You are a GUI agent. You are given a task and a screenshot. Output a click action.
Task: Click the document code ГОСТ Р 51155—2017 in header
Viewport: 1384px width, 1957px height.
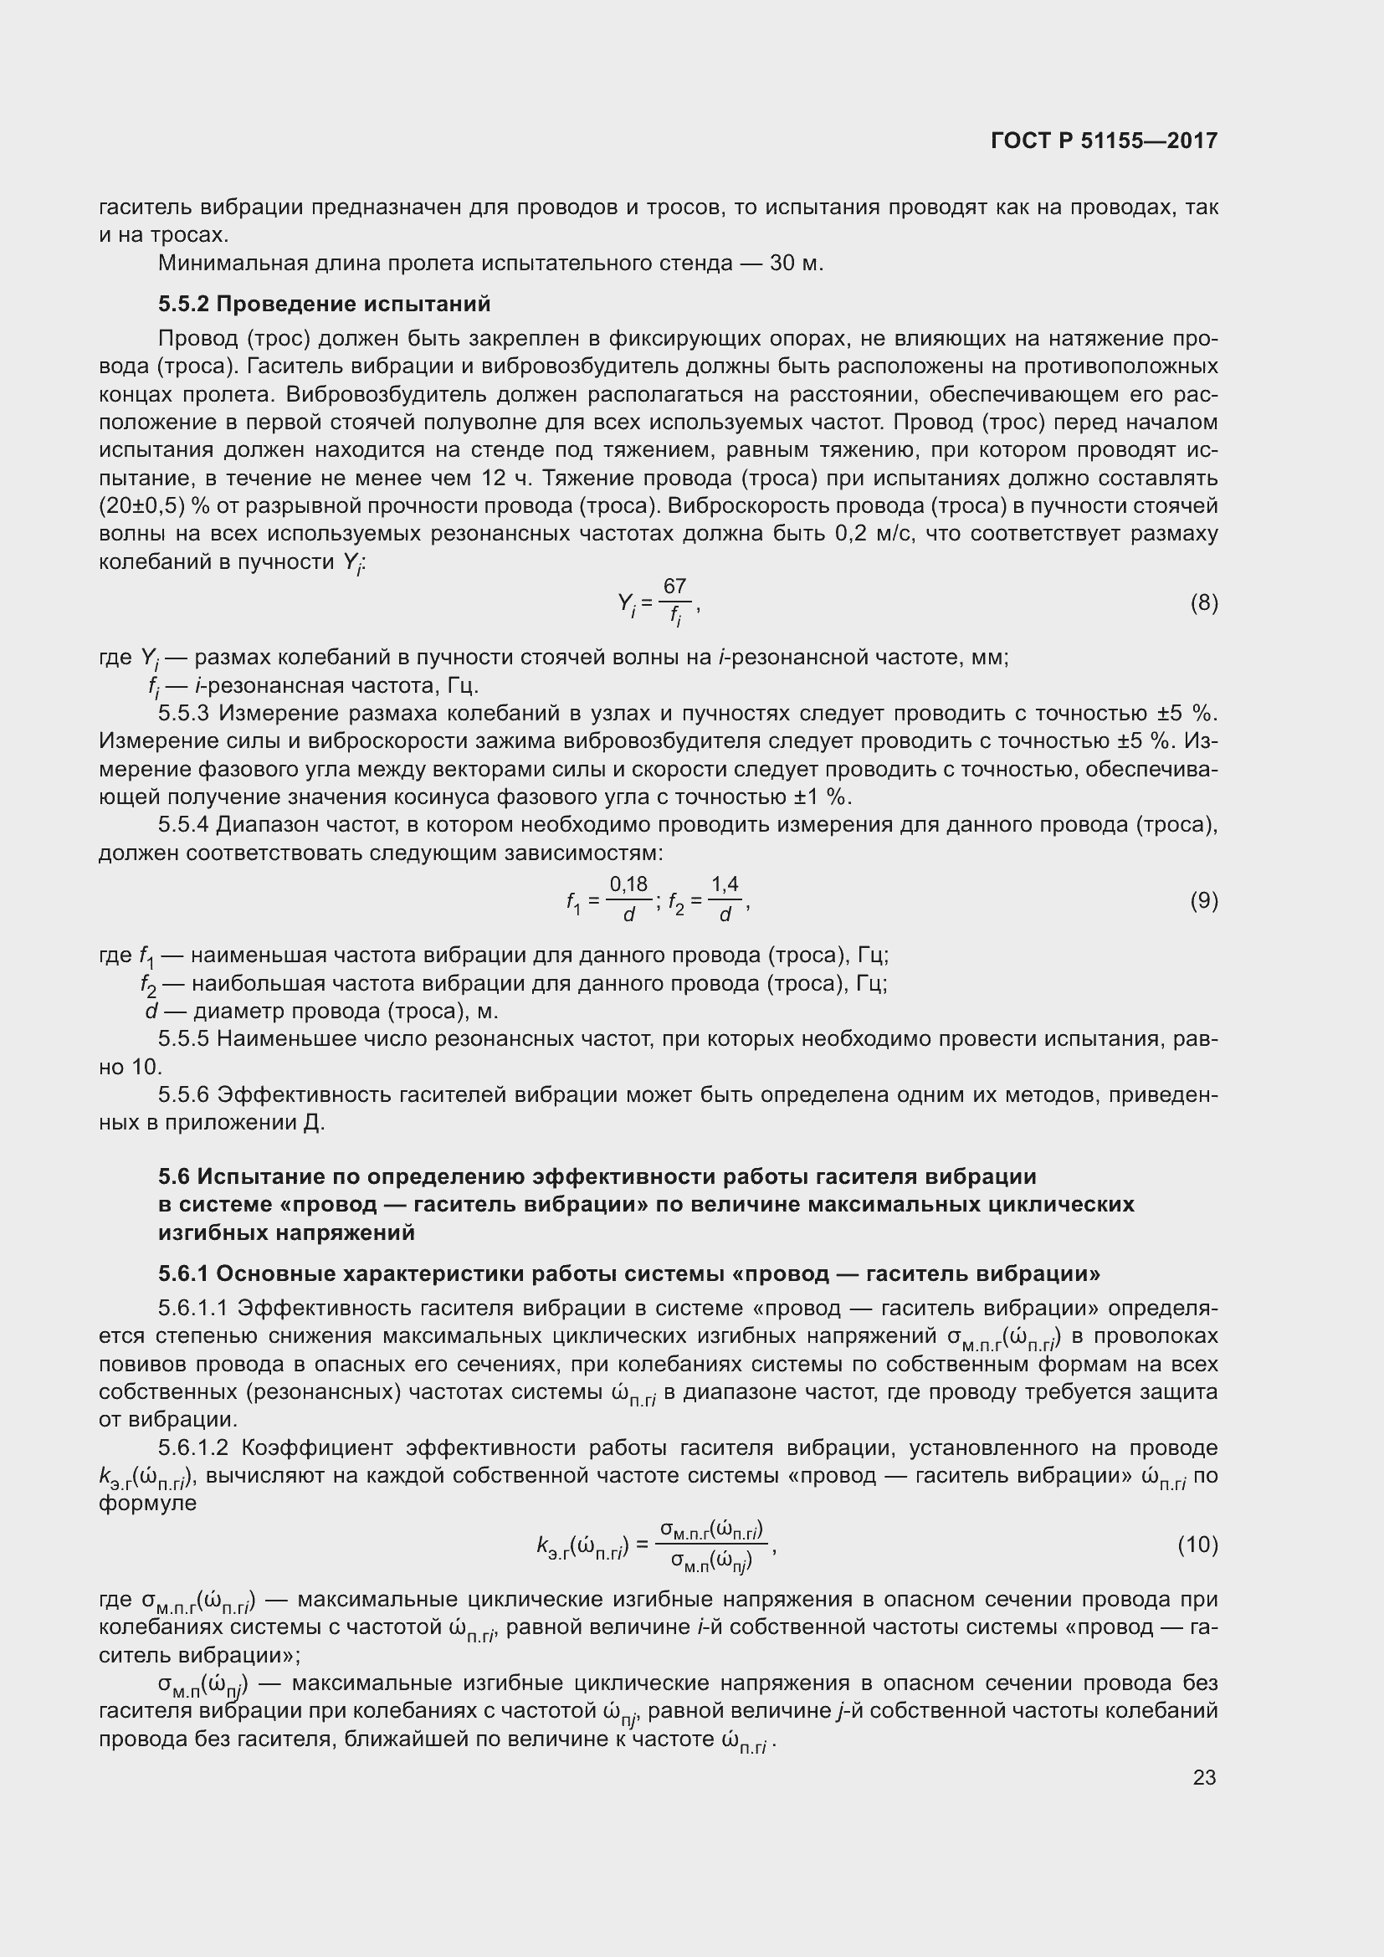tap(1105, 141)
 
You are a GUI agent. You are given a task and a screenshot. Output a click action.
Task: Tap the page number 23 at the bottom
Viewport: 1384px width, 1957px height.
tap(1204, 1777)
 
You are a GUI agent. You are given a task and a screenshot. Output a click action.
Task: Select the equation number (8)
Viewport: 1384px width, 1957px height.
tap(1203, 603)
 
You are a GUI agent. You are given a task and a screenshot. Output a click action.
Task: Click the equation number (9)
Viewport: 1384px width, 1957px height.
tap(1203, 900)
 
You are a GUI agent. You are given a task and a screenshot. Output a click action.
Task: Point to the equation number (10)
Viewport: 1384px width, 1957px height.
tap(1197, 1545)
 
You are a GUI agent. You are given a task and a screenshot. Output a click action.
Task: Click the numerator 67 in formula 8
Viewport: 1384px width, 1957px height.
tap(674, 587)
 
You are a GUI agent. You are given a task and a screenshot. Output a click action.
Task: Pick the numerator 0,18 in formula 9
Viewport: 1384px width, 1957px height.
tap(629, 884)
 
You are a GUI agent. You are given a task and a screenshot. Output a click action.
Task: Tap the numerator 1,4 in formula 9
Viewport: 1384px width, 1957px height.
tap(725, 884)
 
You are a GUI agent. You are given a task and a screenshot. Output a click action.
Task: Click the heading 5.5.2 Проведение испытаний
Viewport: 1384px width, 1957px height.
tap(324, 305)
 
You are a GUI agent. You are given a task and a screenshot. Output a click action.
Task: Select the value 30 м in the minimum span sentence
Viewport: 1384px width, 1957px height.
tap(795, 263)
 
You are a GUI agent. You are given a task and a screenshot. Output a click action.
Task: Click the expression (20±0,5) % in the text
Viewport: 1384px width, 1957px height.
tap(154, 506)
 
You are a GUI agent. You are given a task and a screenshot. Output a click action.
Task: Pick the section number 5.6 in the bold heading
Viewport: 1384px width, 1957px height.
tap(173, 1177)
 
